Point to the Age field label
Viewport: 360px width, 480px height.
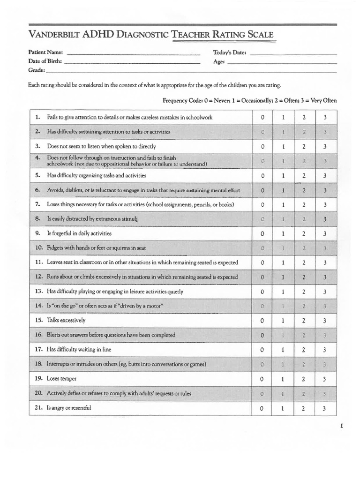pyautogui.click(x=219, y=62)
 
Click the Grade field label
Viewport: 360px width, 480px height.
pyautogui.click(x=37, y=70)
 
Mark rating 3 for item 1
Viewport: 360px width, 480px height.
pyautogui.click(x=325, y=118)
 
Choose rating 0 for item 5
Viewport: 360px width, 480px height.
pyautogui.click(x=262, y=176)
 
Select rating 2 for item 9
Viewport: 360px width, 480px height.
pyautogui.click(x=304, y=234)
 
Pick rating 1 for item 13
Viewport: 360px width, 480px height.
pyautogui.click(x=283, y=292)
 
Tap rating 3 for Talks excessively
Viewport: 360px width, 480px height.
pyautogui.click(x=325, y=321)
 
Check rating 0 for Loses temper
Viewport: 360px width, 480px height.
pyautogui.click(x=262, y=379)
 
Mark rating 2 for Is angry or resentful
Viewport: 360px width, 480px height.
pyautogui.click(x=304, y=408)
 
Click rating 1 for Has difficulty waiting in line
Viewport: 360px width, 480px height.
pyautogui.click(x=283, y=350)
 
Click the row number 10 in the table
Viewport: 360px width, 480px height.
pyautogui.click(x=38, y=248)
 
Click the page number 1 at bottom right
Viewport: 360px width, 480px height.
pyautogui.click(x=342, y=426)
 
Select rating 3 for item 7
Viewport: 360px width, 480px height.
pyautogui.click(x=325, y=205)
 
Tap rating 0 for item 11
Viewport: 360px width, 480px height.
pyautogui.click(x=262, y=263)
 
